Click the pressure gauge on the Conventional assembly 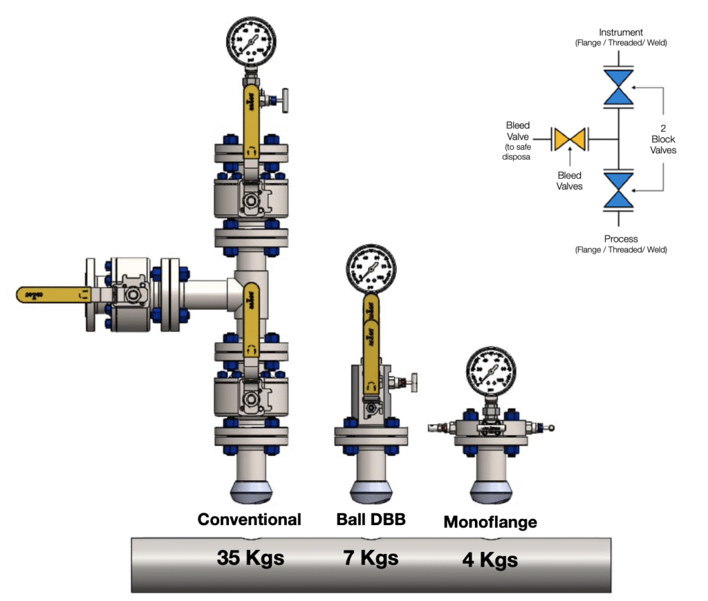pos(251,40)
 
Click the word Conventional pos(249,519)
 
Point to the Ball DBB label pos(371,519)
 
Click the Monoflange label pos(490,522)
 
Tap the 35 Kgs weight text pos(250,557)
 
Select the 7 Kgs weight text pos(371,557)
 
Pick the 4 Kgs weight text pos(490,559)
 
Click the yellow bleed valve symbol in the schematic pos(569,139)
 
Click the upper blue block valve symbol pos(619,88)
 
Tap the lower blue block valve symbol pos(619,190)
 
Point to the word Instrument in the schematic pos(621,32)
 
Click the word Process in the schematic pos(621,239)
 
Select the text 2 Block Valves pos(663,139)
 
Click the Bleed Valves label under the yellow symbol pos(569,180)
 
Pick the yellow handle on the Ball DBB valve pos(371,342)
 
